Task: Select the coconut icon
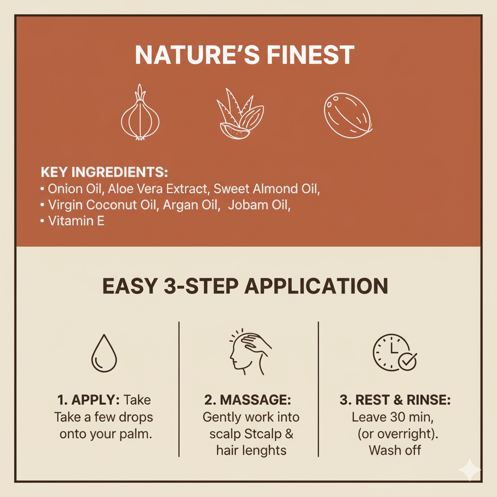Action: (348, 116)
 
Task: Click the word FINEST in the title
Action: (310, 55)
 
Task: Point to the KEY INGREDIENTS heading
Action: (104, 172)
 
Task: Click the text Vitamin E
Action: (76, 221)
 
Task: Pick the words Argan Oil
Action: (191, 205)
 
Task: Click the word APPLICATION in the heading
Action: (316, 286)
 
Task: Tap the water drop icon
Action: (104, 353)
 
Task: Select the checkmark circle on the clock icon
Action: (407, 361)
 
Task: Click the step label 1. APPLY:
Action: (88, 400)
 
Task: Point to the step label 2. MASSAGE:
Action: (248, 400)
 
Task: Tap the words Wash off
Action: (395, 450)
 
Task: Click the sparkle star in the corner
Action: (469, 470)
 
